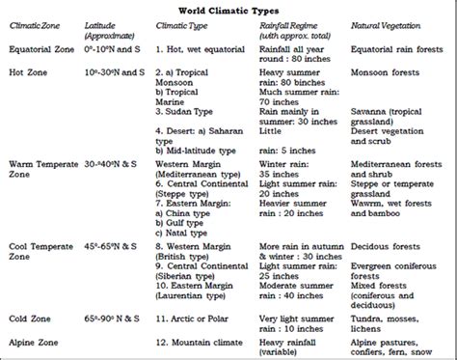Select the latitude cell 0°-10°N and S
click(114, 47)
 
